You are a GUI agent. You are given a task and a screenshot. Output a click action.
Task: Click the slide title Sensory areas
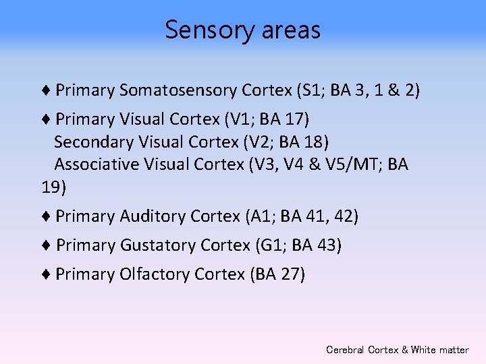point(242,30)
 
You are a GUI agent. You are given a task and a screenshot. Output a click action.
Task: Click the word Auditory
point(153,216)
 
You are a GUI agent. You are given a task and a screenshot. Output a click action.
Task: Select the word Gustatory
point(158,245)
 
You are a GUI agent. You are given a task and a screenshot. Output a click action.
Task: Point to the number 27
point(289,274)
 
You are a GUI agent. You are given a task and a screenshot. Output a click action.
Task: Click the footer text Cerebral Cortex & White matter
point(397,350)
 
